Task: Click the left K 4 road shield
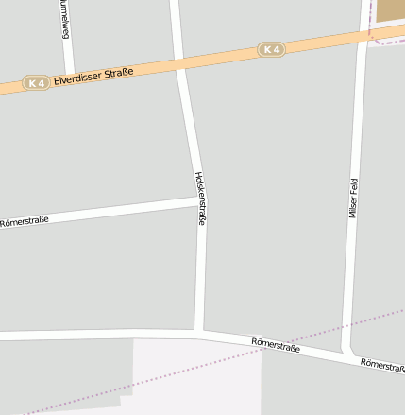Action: [36, 83]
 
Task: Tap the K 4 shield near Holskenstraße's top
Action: [271, 49]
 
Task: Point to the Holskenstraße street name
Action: [200, 198]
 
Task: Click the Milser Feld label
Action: [353, 199]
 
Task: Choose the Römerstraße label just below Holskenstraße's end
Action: [276, 347]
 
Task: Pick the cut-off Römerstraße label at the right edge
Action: [383, 365]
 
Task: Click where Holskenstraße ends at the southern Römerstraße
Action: [199, 333]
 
